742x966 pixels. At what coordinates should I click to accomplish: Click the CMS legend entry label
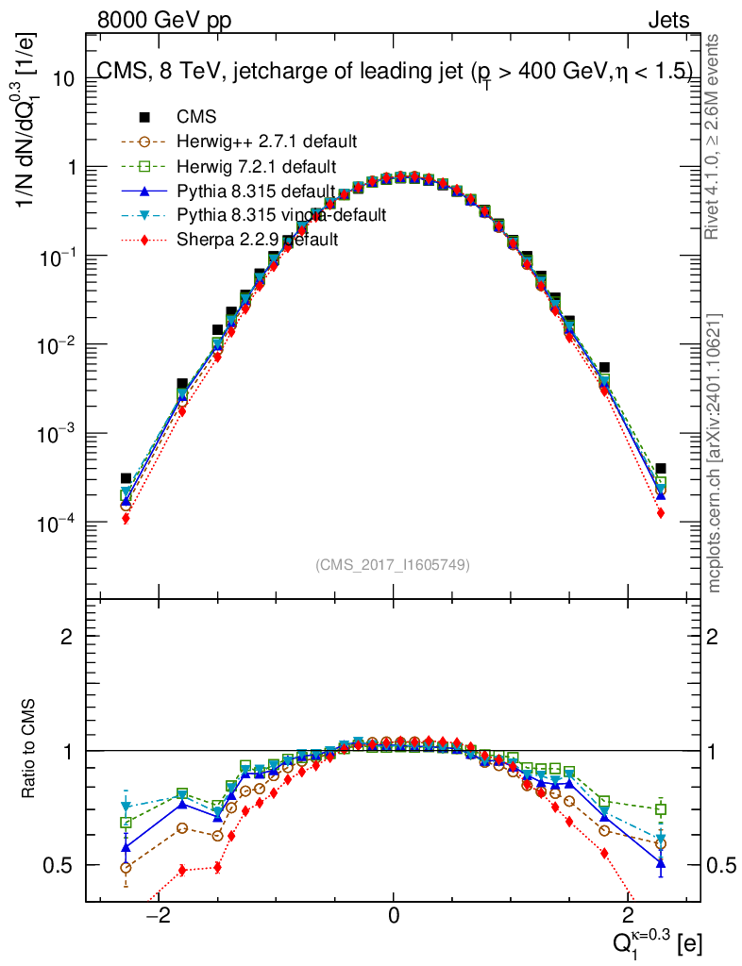tap(196, 118)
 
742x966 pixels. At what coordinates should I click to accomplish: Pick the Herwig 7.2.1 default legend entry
tap(256, 167)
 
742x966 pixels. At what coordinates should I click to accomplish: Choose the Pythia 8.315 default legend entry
tap(256, 192)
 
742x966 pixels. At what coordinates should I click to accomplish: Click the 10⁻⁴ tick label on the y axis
tap(56, 523)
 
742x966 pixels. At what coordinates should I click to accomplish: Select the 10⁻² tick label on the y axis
tap(56, 345)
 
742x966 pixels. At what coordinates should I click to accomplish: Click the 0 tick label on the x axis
tap(394, 916)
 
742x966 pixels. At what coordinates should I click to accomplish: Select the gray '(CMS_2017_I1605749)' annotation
tap(393, 564)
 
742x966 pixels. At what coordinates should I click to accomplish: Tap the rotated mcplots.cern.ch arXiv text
tap(715, 453)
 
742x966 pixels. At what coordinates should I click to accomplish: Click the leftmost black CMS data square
tap(126, 479)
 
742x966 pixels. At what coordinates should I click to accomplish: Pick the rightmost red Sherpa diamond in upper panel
tap(661, 512)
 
